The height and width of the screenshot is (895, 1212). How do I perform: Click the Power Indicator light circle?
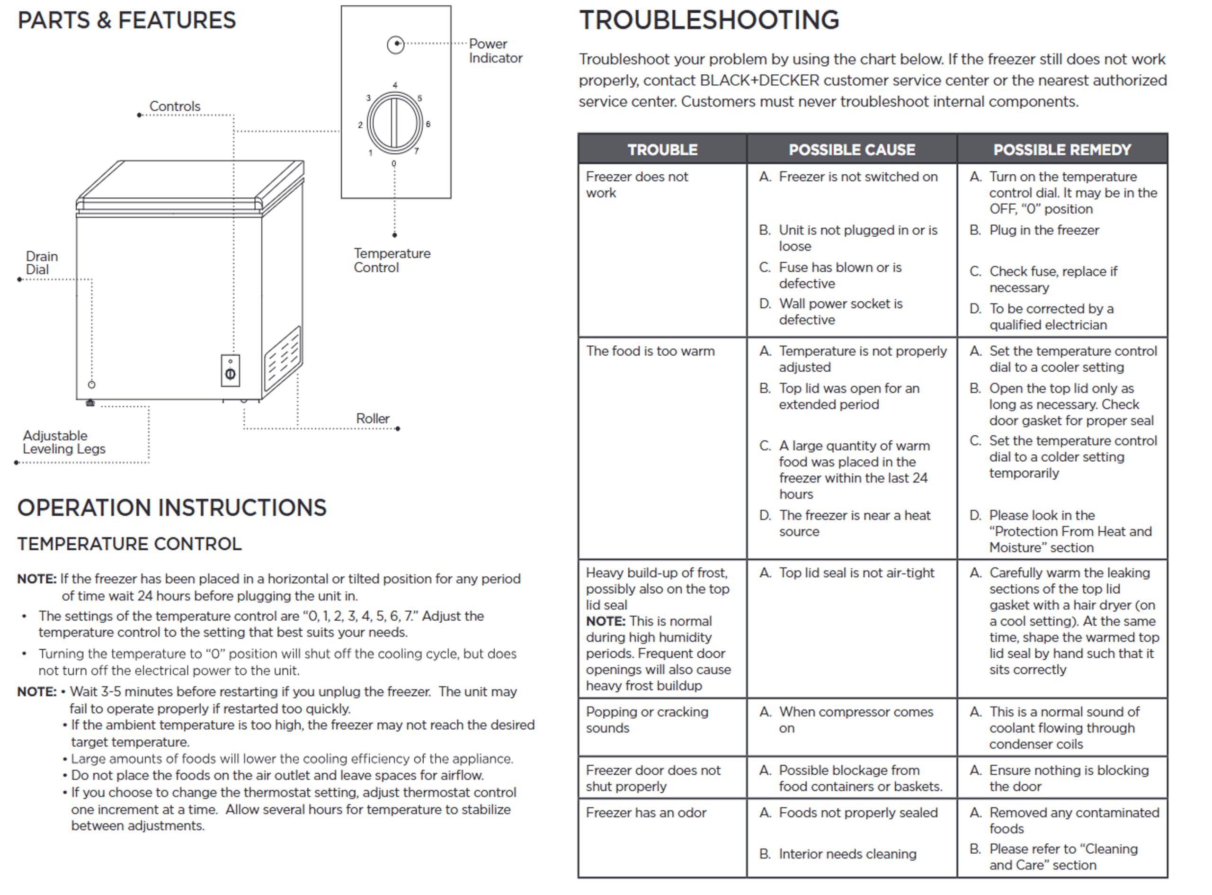(395, 45)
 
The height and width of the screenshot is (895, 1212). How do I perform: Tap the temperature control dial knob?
(395, 123)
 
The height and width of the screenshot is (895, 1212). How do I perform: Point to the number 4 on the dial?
(395, 85)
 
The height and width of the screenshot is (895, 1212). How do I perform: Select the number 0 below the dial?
(394, 164)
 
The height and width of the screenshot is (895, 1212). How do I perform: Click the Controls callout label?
(174, 106)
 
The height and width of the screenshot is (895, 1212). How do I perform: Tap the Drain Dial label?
(41, 263)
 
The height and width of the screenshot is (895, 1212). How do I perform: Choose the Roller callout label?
(373, 418)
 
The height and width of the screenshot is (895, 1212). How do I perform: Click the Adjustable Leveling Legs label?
(63, 442)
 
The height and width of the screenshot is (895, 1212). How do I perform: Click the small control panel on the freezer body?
(230, 371)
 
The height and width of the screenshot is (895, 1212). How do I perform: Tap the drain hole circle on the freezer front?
(91, 385)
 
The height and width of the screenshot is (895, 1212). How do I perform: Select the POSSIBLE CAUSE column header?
(851, 150)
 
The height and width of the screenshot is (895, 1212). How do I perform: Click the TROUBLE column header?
(662, 150)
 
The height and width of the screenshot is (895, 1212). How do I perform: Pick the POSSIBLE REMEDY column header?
(1061, 150)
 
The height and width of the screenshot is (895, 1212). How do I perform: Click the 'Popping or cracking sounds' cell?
(647, 719)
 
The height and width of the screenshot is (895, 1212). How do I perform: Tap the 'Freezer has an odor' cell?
(646, 813)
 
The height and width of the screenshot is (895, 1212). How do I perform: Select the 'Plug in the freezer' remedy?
(1043, 230)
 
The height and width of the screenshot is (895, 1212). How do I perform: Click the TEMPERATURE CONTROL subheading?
(129, 544)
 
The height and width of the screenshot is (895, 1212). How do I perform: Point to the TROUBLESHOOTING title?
(709, 20)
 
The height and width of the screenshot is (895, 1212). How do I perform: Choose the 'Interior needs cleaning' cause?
(847, 854)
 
